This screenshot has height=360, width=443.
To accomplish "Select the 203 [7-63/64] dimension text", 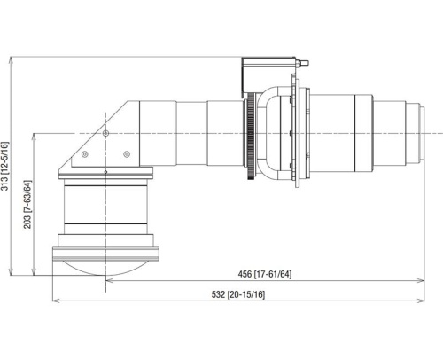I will pos(27,203).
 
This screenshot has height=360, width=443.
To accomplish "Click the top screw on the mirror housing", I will pos(105,132).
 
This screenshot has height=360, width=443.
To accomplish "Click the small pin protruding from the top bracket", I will pos(304,64).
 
